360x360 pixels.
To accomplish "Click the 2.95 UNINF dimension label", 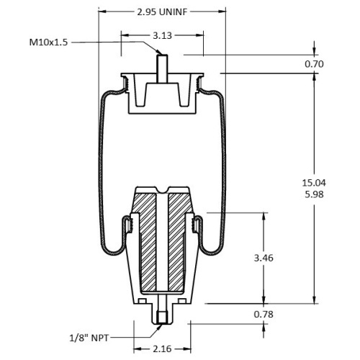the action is [x=162, y=12].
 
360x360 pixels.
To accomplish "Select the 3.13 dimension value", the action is [x=163, y=35].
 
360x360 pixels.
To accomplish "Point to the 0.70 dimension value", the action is [x=314, y=64].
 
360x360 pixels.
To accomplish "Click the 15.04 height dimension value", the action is [x=314, y=183].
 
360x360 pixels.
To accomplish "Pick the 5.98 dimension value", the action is [x=314, y=194].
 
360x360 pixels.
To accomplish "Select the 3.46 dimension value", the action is [x=264, y=258].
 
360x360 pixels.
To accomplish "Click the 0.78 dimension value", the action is [x=264, y=314].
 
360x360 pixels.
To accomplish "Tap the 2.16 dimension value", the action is [x=162, y=348].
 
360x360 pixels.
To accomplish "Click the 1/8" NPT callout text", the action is [x=89, y=338].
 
